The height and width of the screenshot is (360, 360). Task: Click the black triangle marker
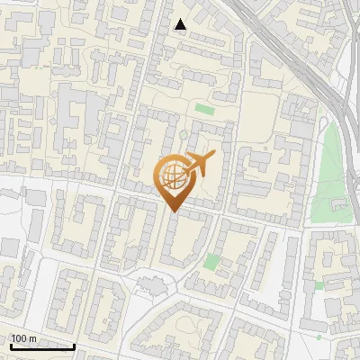point(180,24)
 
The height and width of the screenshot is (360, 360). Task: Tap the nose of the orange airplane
point(213,156)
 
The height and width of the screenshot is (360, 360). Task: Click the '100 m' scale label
point(23,338)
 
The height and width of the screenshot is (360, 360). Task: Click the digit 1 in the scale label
point(13,338)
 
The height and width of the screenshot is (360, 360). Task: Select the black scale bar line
point(41,346)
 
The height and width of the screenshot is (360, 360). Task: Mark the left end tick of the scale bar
point(11,345)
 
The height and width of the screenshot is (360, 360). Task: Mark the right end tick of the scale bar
point(74,345)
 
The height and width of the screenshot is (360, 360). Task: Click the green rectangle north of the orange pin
point(204,110)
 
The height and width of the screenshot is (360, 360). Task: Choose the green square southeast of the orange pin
point(211,262)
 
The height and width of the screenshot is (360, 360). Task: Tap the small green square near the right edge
point(319,285)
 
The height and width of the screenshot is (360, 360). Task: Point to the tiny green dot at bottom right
point(319,338)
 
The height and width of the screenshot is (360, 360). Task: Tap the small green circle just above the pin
point(183,135)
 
